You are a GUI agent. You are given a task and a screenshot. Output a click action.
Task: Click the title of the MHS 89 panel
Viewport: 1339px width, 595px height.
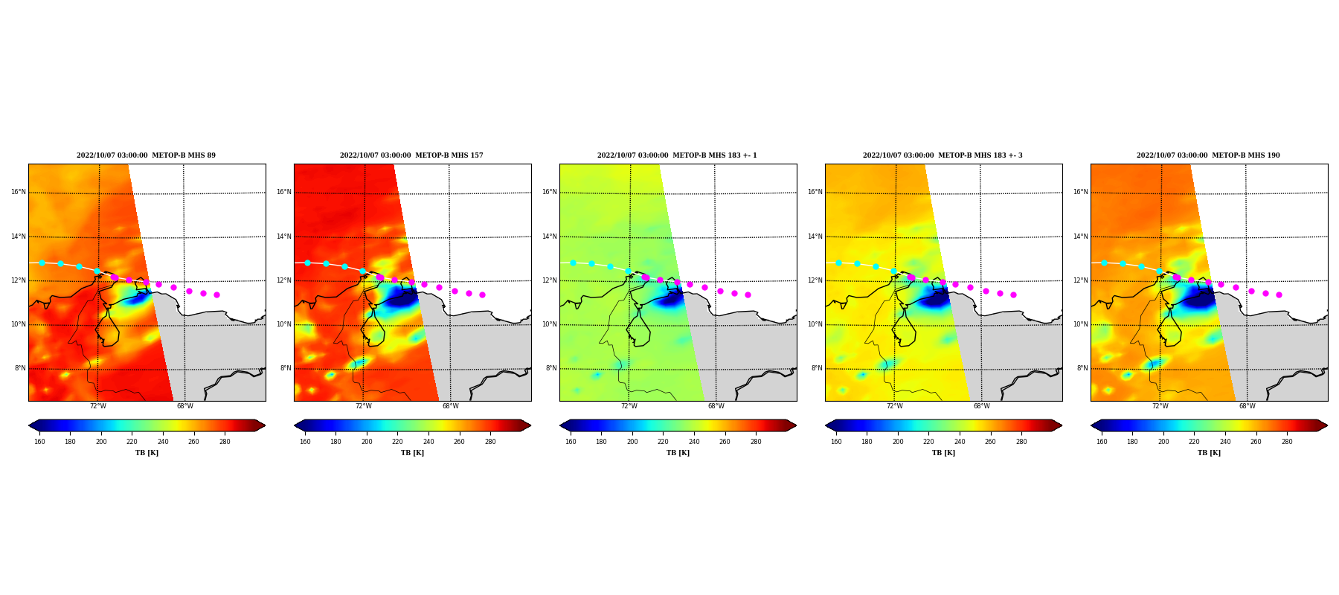147,155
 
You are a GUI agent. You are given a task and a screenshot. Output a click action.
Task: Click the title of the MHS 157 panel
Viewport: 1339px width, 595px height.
412,155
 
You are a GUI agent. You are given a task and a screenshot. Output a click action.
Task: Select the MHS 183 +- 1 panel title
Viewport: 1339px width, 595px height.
678,155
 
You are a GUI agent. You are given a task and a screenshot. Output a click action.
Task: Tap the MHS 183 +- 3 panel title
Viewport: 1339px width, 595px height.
943,155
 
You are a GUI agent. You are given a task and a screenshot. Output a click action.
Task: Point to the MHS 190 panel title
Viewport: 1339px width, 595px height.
1209,155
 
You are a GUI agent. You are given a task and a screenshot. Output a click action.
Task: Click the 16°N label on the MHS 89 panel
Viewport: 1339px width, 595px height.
18,192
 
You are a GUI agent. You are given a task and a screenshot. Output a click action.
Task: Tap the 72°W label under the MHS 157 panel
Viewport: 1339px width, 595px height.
364,406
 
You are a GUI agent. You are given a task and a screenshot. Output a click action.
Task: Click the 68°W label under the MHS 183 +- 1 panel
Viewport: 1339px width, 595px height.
716,406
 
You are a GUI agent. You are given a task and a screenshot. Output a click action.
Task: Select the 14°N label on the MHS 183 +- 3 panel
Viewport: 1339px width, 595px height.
815,237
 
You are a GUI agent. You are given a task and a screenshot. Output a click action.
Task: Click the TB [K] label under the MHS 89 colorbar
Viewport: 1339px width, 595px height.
147,453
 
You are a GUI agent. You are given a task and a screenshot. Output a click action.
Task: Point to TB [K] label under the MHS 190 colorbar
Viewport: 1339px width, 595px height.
1209,453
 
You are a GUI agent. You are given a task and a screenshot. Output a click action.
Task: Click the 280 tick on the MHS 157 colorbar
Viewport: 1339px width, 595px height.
490,442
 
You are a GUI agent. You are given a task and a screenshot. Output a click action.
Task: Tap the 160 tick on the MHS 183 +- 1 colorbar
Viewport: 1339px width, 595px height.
571,442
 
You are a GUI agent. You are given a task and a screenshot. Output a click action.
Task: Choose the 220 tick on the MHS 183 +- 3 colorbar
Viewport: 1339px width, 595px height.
928,442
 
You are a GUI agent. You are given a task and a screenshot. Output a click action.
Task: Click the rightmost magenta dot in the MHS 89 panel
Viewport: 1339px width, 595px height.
216,295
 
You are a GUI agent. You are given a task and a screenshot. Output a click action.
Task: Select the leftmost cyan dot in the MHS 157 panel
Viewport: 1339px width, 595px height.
307,263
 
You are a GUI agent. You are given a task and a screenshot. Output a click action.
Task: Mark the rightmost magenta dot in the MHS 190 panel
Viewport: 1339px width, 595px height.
1279,295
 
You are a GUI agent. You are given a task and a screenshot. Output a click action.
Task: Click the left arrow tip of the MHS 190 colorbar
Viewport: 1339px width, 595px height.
1091,425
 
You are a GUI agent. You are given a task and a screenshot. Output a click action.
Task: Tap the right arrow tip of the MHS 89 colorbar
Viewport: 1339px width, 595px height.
265,425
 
